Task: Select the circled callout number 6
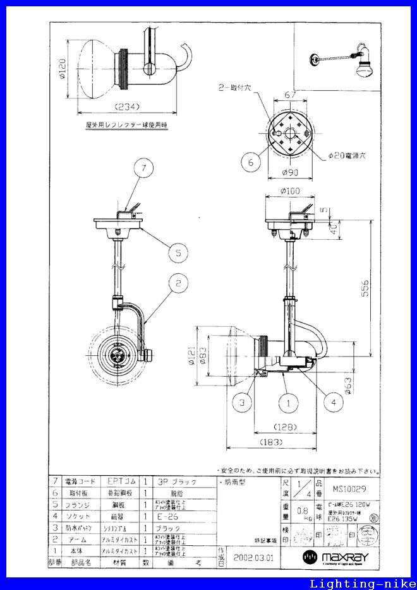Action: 251,162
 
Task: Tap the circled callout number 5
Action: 179,253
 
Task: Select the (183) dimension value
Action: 272,442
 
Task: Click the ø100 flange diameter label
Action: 290,191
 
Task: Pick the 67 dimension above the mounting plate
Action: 290,94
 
